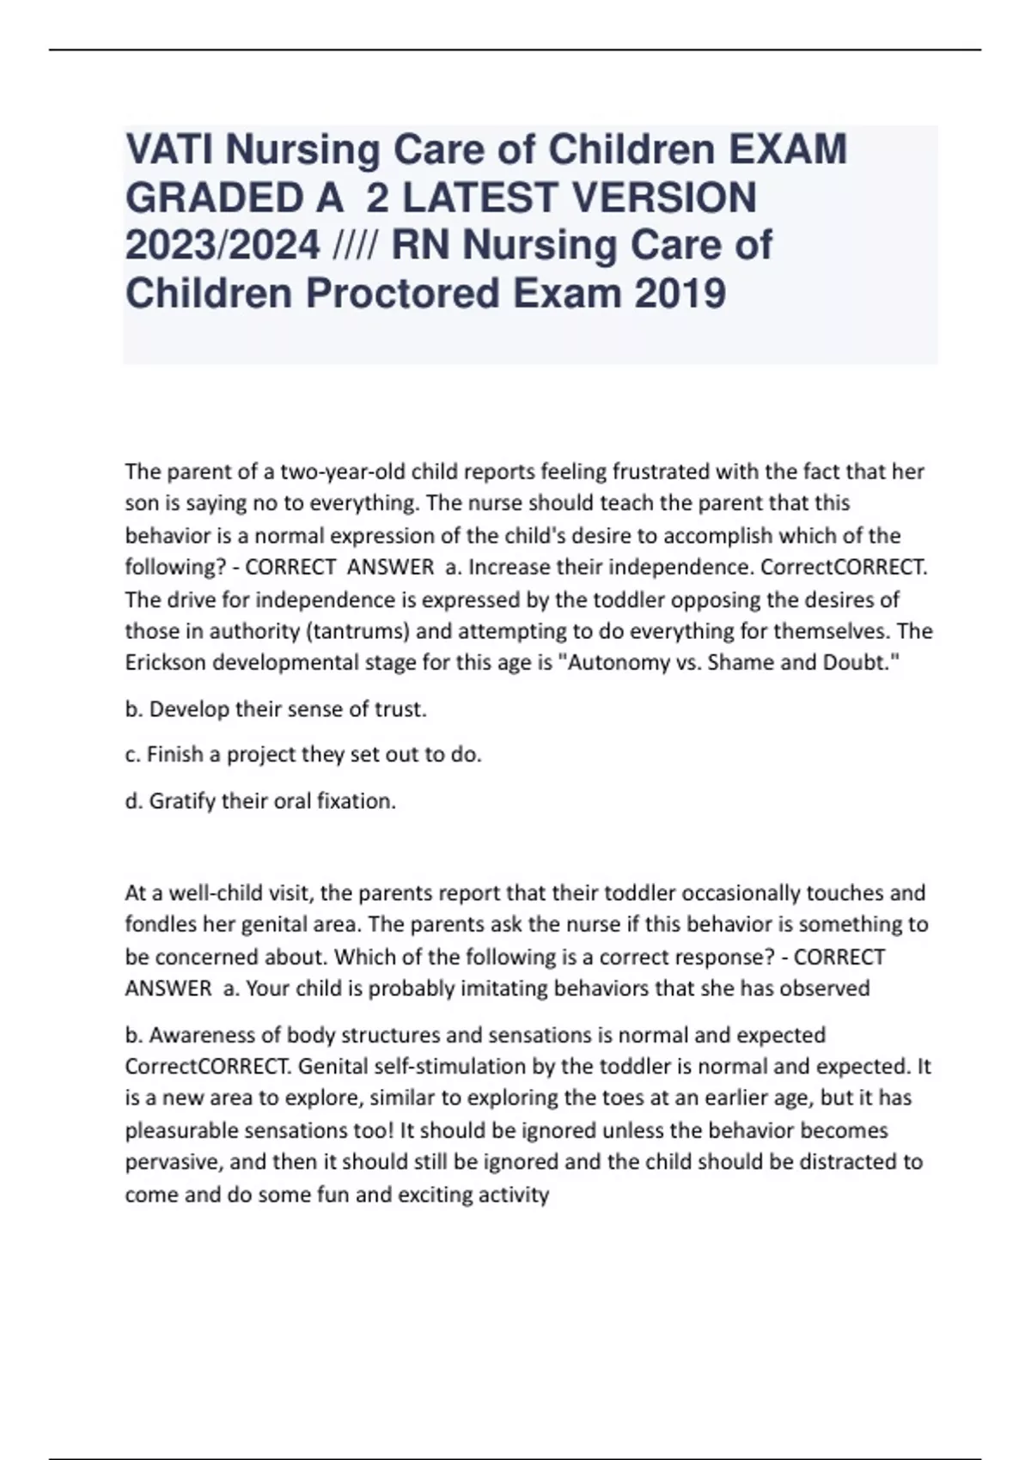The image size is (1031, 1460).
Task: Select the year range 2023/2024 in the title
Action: (223, 246)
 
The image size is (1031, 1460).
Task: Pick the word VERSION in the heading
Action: (664, 198)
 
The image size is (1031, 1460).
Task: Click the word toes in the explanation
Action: (649, 1098)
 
